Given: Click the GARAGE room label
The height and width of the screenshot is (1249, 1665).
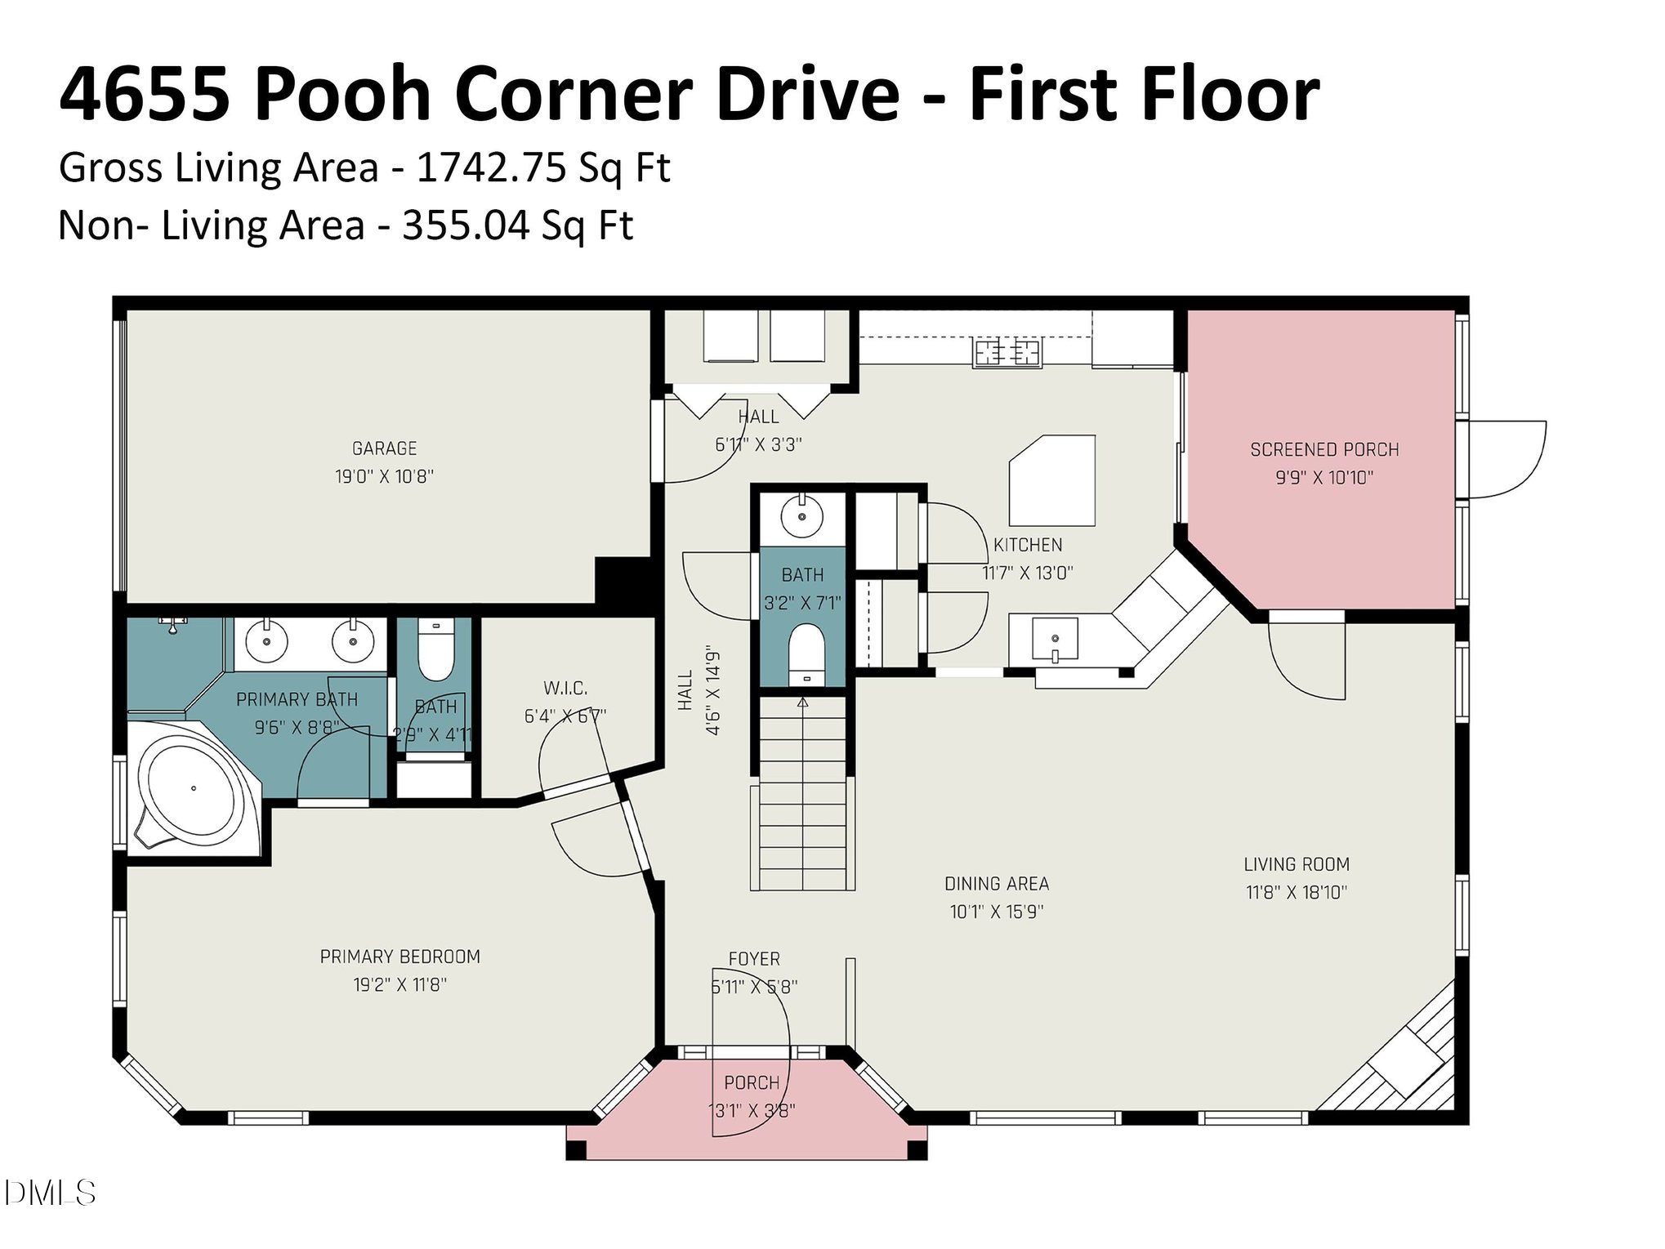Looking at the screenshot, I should pos(384,448).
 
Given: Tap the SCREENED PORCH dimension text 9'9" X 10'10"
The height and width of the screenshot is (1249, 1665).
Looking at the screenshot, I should pos(1324,478).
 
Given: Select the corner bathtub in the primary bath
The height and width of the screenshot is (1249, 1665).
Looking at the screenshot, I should pos(194,789).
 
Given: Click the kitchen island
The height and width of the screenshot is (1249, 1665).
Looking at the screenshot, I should pos(1052,481).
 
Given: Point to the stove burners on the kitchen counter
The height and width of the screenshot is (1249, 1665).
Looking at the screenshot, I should pos(1007,353).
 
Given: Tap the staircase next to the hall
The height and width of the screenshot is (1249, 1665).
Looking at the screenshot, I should pos(802,792).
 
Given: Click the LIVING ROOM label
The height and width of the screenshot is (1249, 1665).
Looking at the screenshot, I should pos(1296,864).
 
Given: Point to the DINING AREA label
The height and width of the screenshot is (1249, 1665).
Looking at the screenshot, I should pos(996,884).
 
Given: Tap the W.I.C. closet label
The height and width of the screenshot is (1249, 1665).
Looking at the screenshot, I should pos(565,688).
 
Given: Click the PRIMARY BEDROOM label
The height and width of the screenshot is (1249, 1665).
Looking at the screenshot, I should pos(400,957).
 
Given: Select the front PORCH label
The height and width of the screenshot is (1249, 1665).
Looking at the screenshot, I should pos(751,1083).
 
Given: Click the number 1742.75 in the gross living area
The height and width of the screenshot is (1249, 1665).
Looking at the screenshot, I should pos(491,167).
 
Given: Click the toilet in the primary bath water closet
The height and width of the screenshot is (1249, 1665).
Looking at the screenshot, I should pos(435,653).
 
